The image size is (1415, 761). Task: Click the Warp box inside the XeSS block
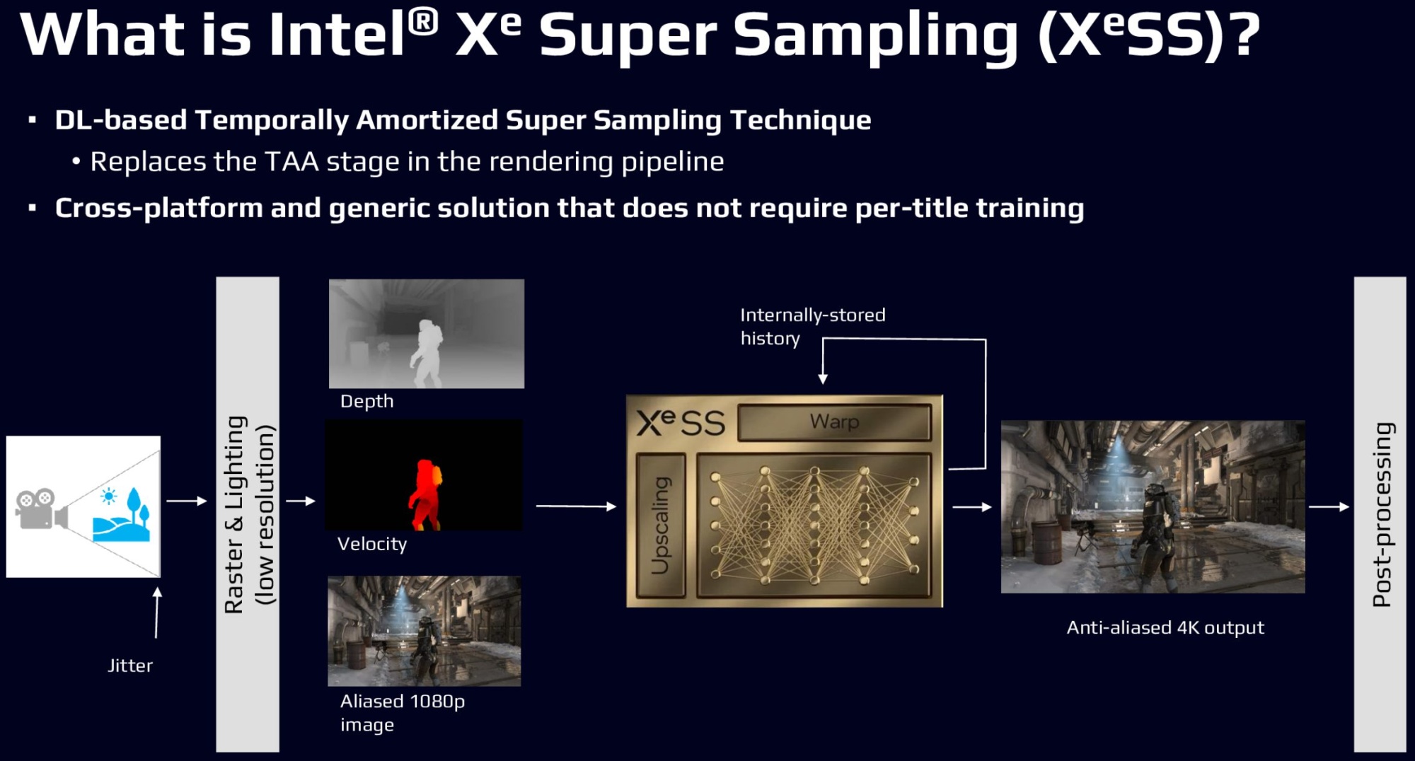pos(835,422)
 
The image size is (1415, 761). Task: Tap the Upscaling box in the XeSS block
pos(661,525)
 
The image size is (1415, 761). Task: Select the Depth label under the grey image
pos(366,402)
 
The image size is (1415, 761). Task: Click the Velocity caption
pos(372,544)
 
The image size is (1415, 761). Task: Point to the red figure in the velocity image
pos(425,494)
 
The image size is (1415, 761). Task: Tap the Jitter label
pos(130,666)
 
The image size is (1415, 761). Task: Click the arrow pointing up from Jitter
pos(157,612)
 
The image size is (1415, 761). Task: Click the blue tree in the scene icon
pos(135,503)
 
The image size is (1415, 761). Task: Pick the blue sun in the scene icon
pos(108,496)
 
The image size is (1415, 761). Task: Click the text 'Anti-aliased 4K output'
pos(1165,628)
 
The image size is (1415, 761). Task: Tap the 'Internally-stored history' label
pos(813,326)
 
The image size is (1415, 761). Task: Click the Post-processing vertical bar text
pos(1382,515)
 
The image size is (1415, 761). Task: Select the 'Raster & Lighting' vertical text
pos(235,515)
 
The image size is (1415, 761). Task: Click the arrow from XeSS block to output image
pos(972,507)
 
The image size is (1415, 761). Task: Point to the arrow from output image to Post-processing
pos(1329,507)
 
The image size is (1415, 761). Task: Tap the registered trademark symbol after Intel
pos(423,23)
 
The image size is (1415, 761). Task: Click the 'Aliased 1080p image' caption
pos(403,713)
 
